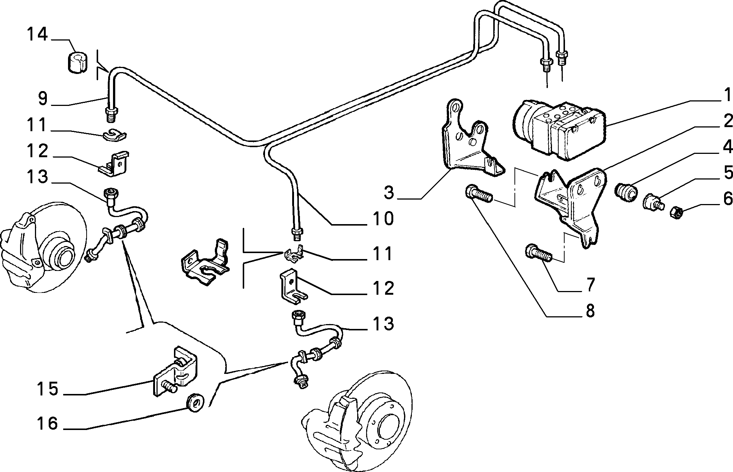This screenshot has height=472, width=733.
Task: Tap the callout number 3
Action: (389, 193)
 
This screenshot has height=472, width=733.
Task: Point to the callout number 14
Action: (37, 34)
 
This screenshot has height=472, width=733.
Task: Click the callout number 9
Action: (43, 99)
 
